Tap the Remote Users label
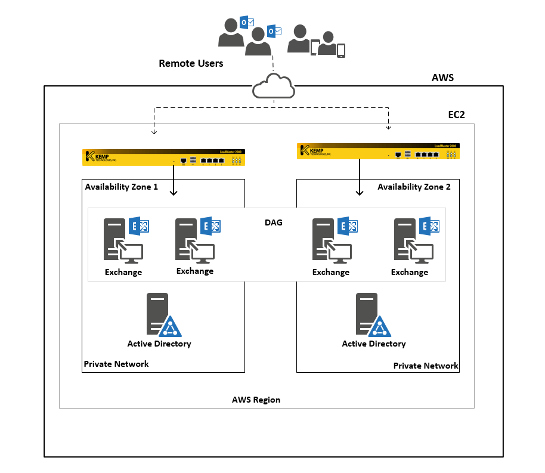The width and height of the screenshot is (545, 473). (191, 63)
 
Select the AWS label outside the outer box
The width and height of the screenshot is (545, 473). (442, 78)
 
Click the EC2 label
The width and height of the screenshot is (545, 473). (457, 115)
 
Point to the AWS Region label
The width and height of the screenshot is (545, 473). (256, 400)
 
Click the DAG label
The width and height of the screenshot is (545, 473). (273, 222)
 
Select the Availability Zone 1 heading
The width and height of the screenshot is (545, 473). (121, 187)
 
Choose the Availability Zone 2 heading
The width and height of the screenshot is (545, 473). (414, 187)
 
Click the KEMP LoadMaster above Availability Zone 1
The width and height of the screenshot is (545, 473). (165, 157)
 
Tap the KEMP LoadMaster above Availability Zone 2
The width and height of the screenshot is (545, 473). (378, 152)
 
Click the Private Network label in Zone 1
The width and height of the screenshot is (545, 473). (116, 364)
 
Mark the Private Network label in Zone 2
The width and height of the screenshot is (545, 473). (425, 366)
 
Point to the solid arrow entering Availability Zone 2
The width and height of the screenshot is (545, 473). (360, 180)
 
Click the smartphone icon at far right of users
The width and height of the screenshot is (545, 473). (341, 51)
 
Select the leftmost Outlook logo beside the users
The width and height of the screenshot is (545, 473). (246, 23)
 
